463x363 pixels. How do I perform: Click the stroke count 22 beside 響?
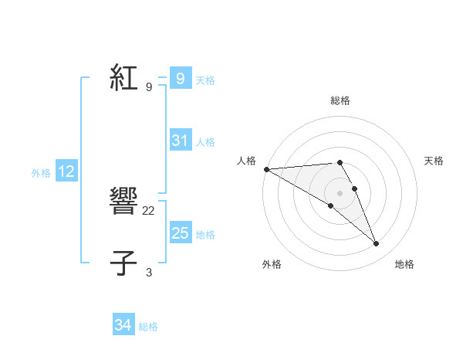150,210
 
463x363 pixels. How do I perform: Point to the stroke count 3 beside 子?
149,272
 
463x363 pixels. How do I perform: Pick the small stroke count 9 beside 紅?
149,87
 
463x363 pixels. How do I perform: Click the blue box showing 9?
180,79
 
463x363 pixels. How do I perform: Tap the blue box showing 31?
180,141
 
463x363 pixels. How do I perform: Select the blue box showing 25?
180,233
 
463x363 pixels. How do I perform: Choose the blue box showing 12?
66,172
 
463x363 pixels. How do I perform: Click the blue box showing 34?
123,326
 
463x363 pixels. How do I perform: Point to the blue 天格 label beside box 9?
205,80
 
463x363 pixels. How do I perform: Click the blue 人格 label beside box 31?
205,141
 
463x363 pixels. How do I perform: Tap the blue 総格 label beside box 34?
148,327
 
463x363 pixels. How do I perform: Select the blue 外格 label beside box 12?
41,173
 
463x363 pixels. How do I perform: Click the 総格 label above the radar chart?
340,100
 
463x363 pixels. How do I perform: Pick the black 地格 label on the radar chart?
404,264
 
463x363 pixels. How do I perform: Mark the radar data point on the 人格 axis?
266,168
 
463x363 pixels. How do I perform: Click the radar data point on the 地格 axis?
376,244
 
